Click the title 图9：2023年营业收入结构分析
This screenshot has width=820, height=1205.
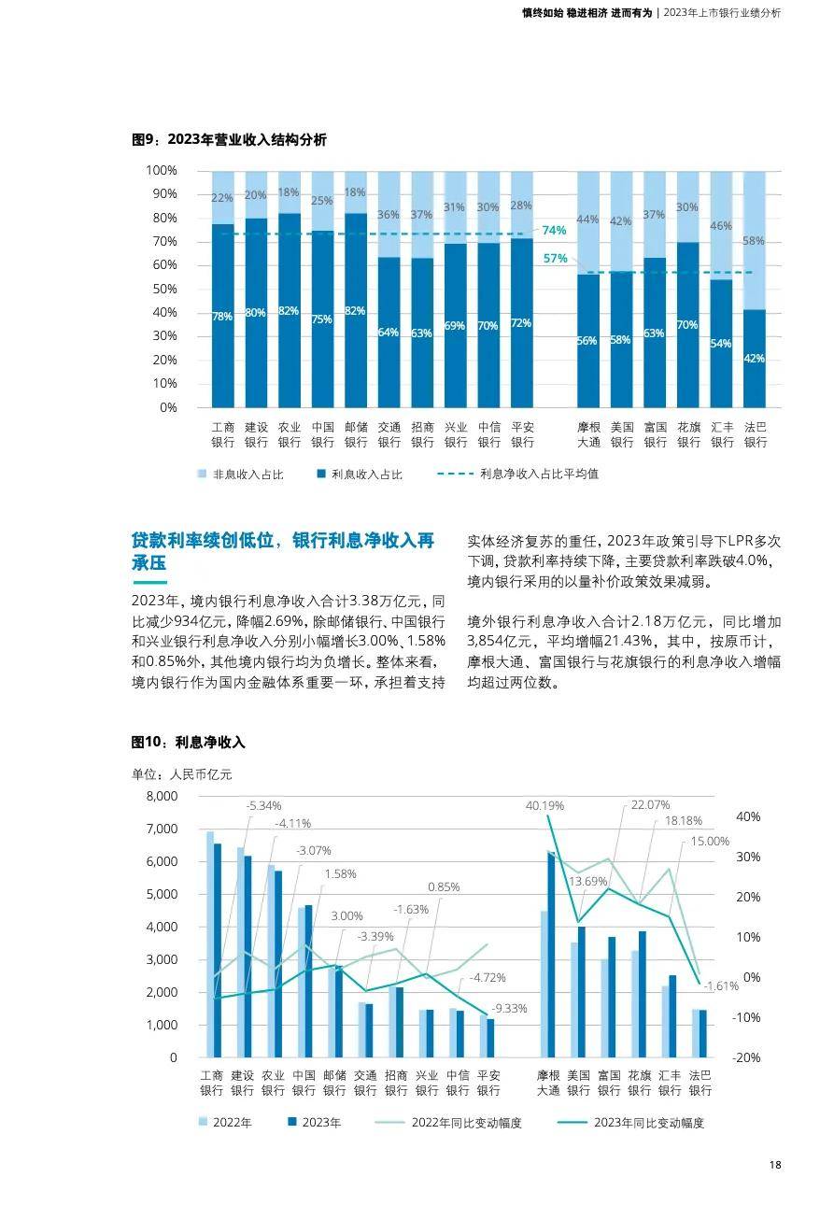click(x=229, y=140)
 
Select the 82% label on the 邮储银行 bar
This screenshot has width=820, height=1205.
click(x=355, y=311)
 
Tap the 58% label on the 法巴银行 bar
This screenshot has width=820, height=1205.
click(x=754, y=241)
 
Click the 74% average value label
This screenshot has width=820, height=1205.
click(x=554, y=231)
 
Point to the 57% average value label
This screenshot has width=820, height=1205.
click(x=555, y=258)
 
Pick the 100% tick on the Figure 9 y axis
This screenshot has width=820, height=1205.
click(x=162, y=170)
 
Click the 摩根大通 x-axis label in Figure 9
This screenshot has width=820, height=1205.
click(x=588, y=434)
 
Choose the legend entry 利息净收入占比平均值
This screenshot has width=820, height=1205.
click(x=538, y=474)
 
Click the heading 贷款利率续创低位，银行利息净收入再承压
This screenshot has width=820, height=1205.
click(x=283, y=552)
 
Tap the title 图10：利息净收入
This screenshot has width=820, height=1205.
click(x=188, y=742)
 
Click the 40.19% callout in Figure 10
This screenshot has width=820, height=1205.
click(x=544, y=805)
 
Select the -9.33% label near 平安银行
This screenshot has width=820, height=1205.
click(x=509, y=1008)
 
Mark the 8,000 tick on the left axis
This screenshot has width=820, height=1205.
click(x=161, y=796)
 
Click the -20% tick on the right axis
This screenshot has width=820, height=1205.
click(x=748, y=1057)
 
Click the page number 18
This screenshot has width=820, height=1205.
click(x=775, y=1165)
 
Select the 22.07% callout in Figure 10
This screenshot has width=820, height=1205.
click(x=650, y=804)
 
